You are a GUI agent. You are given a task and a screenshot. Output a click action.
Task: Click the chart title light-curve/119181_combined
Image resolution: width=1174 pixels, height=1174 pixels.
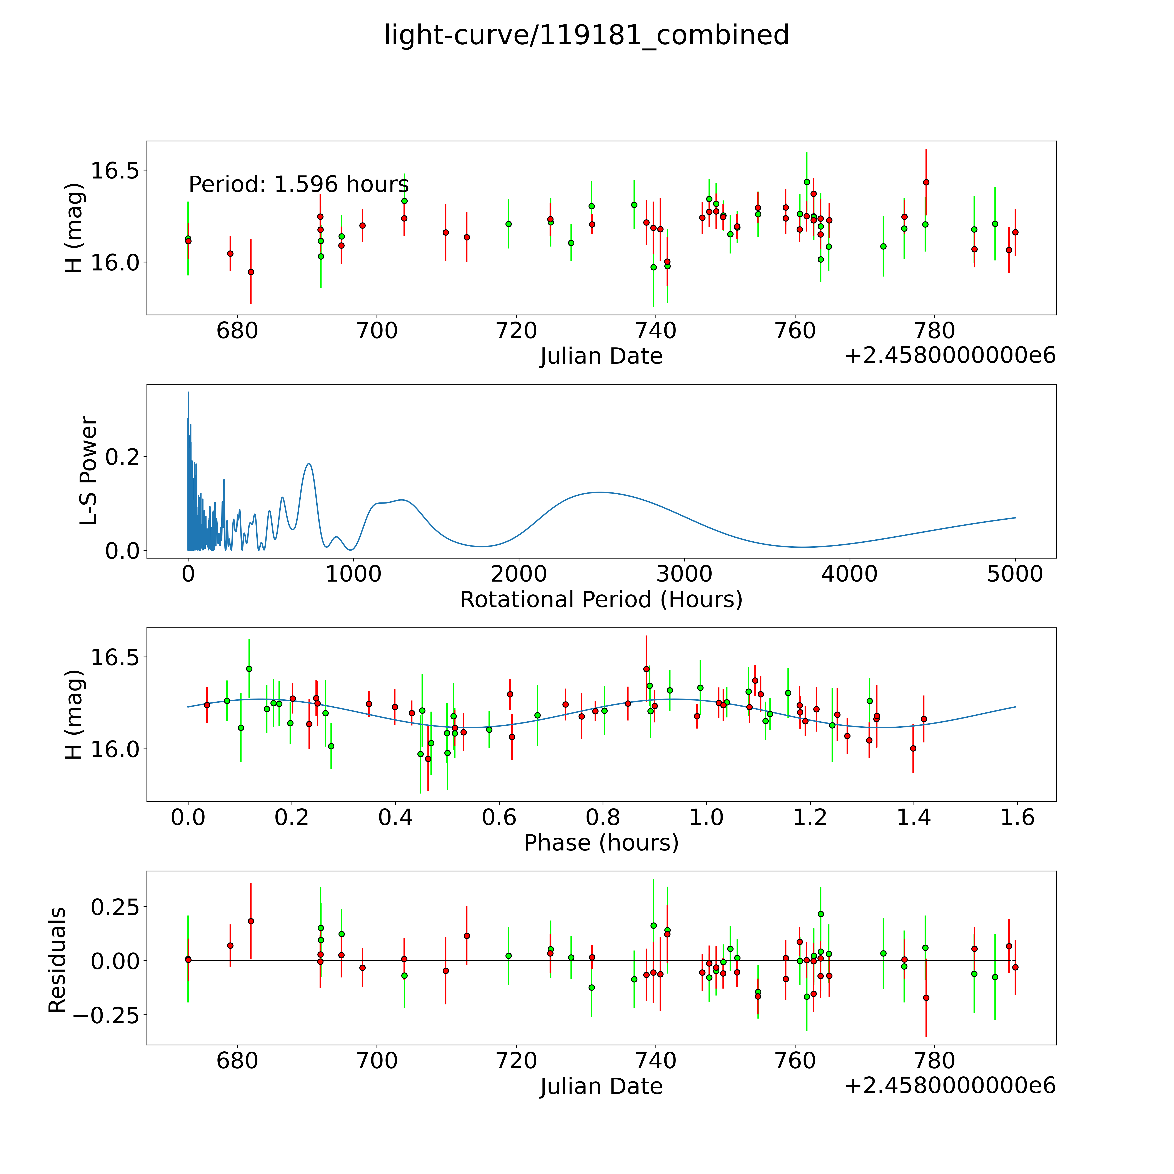586,35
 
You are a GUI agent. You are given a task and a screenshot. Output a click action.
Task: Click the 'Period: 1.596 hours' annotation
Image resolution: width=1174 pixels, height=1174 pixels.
298,184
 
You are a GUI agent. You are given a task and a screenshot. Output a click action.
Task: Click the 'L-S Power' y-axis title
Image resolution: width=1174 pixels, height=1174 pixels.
89,471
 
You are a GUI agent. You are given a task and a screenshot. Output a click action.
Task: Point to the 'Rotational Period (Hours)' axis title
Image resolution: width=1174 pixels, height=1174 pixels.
601,600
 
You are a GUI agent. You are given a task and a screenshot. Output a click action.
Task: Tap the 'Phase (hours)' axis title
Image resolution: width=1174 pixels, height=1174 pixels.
601,843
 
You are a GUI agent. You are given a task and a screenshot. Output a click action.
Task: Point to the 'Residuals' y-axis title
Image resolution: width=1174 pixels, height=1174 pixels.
57,960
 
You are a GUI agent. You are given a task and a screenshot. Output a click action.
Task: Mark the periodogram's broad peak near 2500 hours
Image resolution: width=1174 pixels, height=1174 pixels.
600,492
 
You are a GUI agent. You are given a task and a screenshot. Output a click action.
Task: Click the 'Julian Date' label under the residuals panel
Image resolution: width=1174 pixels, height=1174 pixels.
601,1087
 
